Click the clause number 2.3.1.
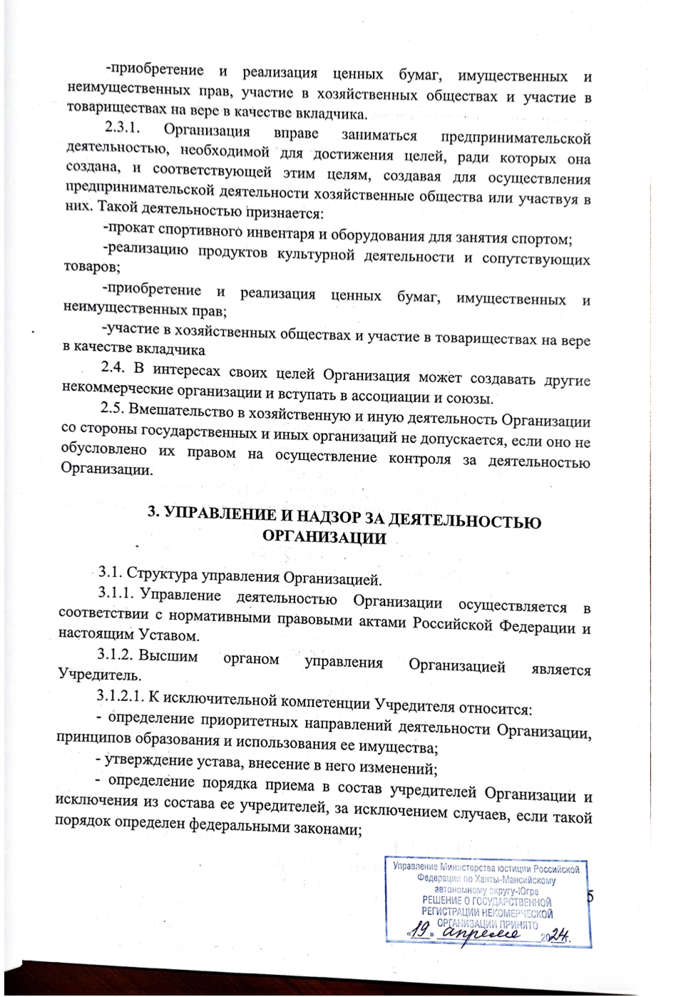coord(124,128)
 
